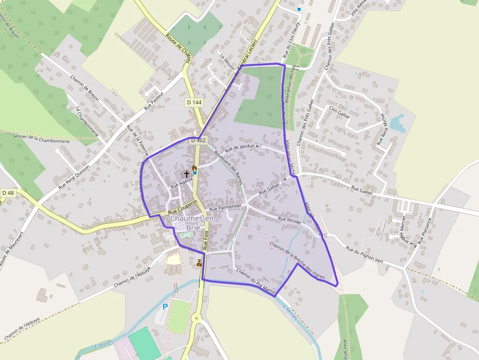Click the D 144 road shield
click(194, 103)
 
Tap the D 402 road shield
click(198, 140)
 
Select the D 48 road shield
click(8, 193)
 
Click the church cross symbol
click(186, 173)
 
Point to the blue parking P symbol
click(165, 307)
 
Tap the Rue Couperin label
click(182, 207)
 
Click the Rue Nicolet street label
click(289, 220)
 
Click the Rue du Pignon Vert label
click(364, 255)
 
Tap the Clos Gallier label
click(340, 112)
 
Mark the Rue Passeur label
click(153, 101)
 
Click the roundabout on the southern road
click(197, 319)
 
